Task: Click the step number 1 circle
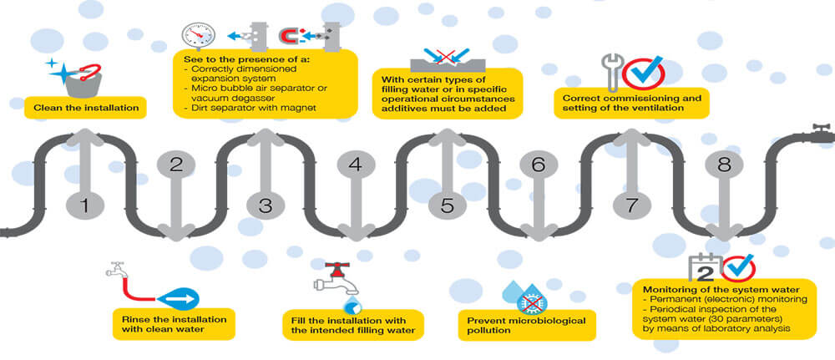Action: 83,204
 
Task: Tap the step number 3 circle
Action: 266,204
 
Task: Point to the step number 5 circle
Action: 447,204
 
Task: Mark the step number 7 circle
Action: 629,204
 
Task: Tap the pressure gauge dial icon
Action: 200,35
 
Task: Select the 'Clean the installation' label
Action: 86,108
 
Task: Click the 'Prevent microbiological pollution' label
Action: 527,326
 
